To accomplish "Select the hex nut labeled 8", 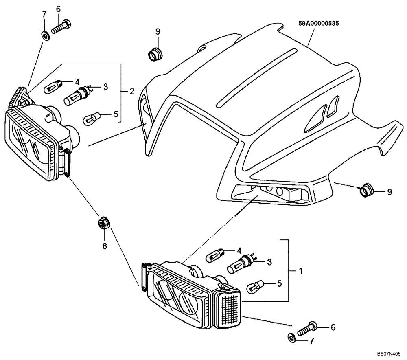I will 103,223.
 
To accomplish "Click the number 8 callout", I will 105,246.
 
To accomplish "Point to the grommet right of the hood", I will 367,190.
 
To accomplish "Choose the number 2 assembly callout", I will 132,91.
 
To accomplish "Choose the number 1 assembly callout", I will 300,270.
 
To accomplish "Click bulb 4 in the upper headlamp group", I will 53,85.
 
